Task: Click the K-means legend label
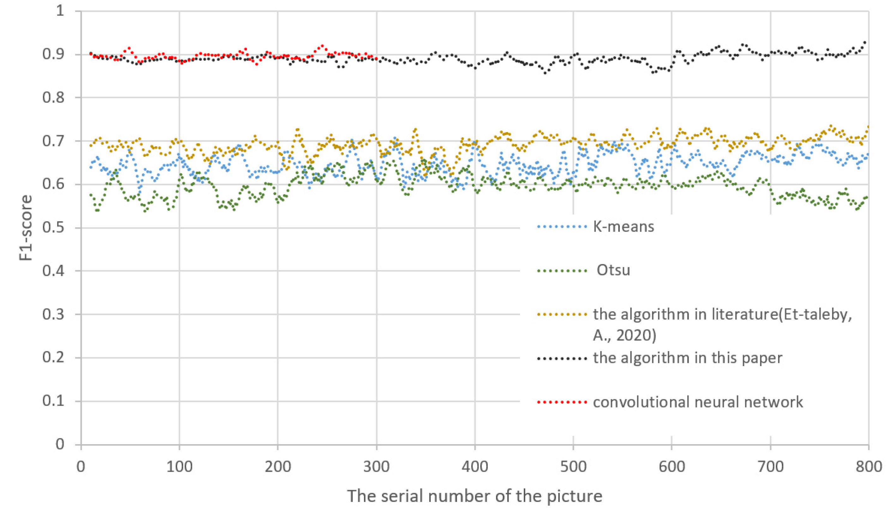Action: (x=623, y=226)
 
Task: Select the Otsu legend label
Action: (x=613, y=271)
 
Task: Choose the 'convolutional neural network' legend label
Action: (x=698, y=402)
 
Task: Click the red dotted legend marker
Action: (x=562, y=402)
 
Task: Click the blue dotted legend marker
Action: (x=562, y=227)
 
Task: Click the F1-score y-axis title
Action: (x=26, y=228)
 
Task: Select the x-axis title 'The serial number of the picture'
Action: (x=474, y=496)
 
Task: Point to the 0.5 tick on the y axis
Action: (x=53, y=228)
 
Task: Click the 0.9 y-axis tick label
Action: (x=53, y=54)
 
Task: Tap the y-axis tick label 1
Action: (x=60, y=11)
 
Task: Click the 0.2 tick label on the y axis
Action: (x=53, y=358)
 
